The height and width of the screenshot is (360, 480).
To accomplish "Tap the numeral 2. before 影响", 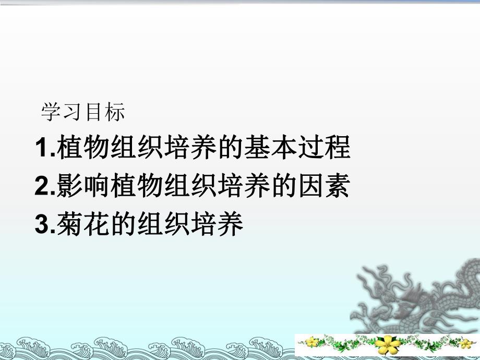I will click(x=44, y=187).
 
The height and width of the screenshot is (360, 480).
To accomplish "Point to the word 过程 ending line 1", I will click(x=328, y=148).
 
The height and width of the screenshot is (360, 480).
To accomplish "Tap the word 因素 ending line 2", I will click(x=327, y=187).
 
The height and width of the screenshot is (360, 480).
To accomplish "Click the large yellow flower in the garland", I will click(x=388, y=344).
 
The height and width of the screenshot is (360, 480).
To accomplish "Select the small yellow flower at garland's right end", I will click(x=465, y=343).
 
